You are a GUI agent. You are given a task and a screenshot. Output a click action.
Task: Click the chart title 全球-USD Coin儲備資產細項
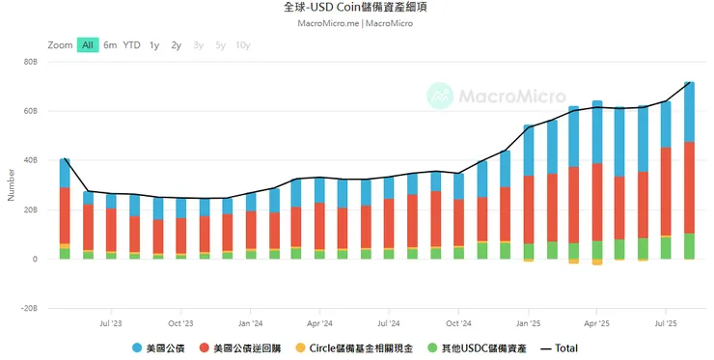tap(357, 8)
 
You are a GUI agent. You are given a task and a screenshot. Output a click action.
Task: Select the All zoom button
tap(88, 44)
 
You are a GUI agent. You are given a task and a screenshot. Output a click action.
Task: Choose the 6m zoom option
tap(111, 44)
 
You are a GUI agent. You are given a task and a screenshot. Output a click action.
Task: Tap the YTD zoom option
tap(132, 44)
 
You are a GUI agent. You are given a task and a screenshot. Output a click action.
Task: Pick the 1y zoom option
tap(154, 44)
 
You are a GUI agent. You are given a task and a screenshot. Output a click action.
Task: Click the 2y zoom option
tap(176, 44)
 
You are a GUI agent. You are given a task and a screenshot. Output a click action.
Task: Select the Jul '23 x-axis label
tap(109, 324)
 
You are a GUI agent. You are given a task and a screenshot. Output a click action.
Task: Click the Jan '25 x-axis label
tap(527, 324)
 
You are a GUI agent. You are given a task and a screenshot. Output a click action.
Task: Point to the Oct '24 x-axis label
tap(457, 324)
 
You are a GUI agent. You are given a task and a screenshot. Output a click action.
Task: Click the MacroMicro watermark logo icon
tap(440, 96)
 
